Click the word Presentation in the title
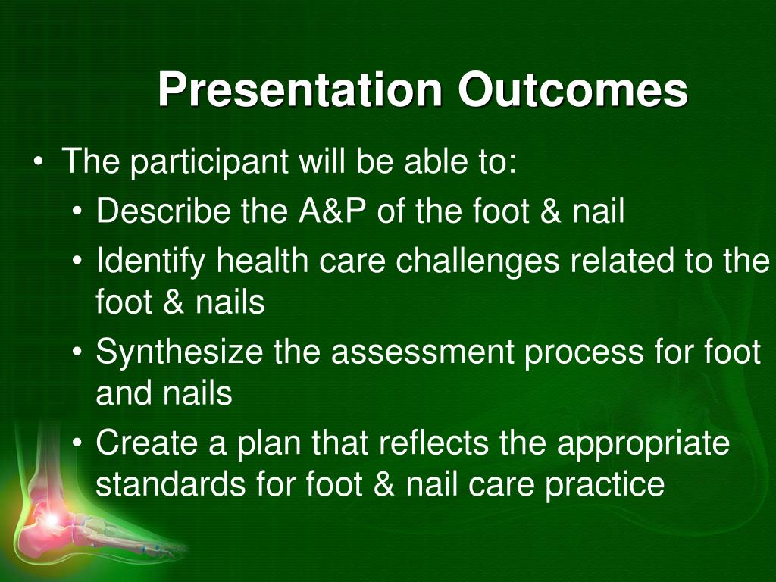(x=300, y=89)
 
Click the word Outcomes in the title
(x=573, y=89)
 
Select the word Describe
(x=164, y=211)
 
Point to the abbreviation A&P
(x=333, y=211)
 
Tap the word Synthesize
(x=179, y=352)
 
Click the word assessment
(x=423, y=352)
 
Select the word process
(x=584, y=353)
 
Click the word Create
(x=147, y=443)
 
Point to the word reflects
(x=433, y=443)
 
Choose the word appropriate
(x=643, y=444)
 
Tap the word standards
(x=171, y=483)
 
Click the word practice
(x=605, y=485)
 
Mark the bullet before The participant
(x=38, y=162)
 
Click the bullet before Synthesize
(x=77, y=352)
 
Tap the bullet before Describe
(x=77, y=211)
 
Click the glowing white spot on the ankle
(x=51, y=519)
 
